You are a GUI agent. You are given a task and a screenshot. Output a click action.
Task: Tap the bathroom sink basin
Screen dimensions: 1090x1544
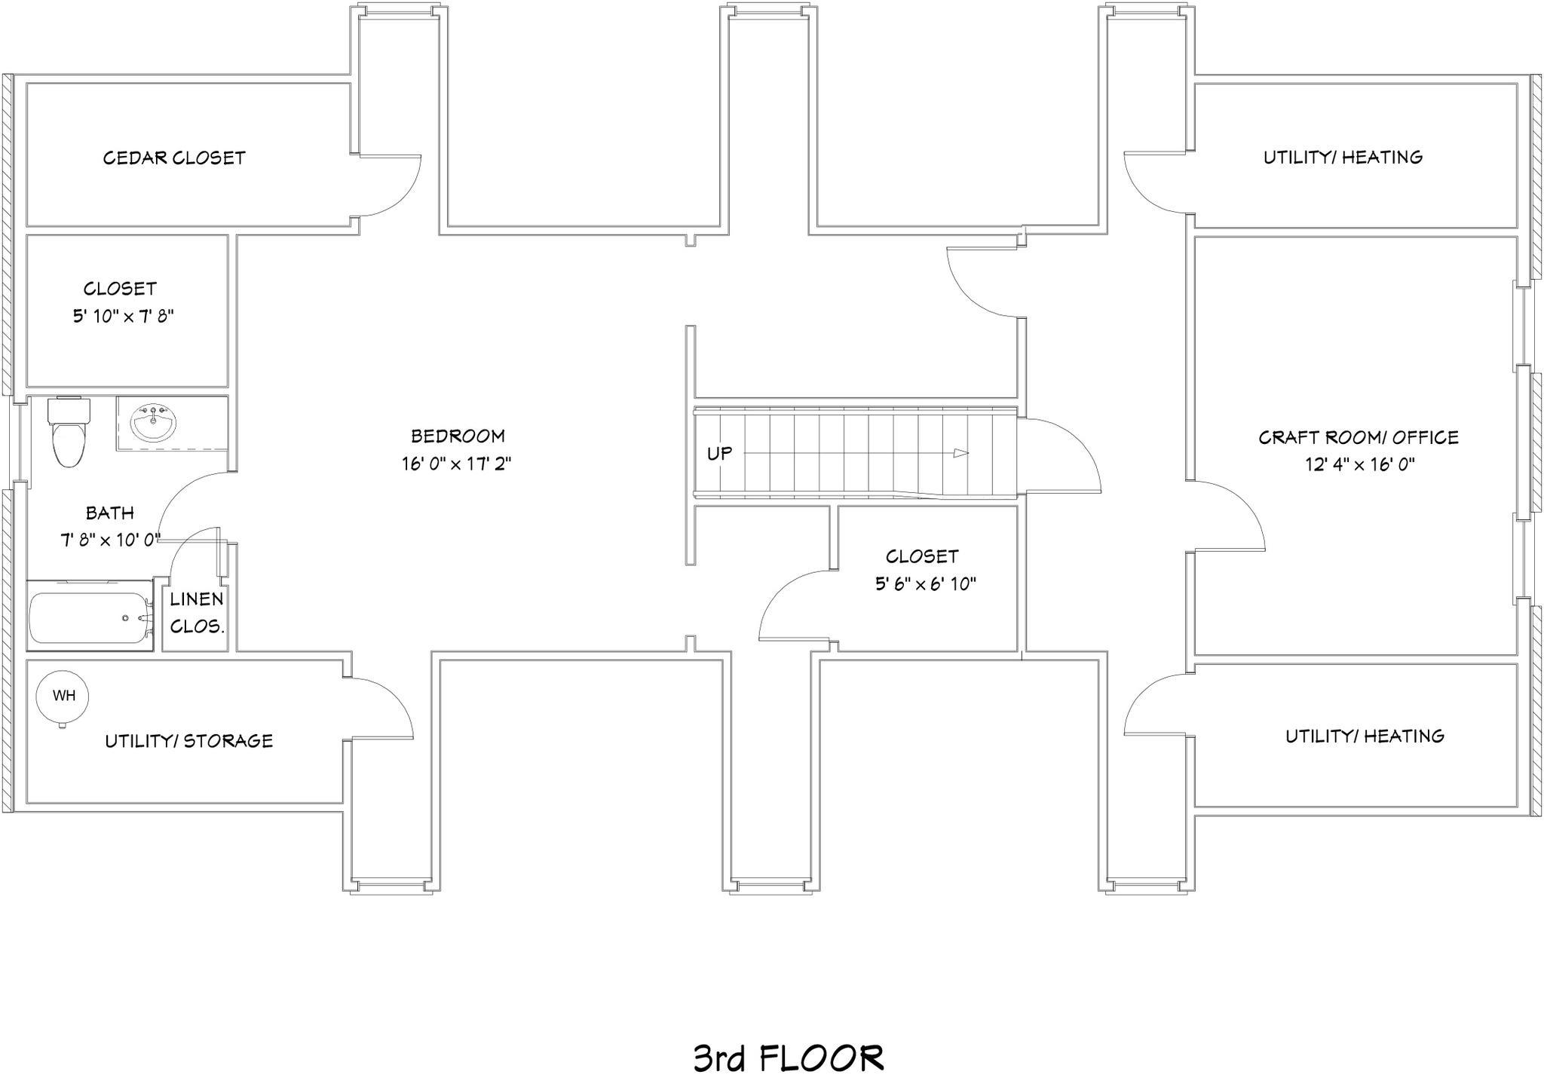[154, 424]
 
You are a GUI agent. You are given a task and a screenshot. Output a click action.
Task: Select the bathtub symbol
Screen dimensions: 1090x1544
[90, 617]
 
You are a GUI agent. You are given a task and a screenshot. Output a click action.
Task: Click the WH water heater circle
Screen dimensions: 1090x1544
[63, 696]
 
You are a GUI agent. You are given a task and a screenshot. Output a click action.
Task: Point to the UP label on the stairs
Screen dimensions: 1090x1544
[719, 454]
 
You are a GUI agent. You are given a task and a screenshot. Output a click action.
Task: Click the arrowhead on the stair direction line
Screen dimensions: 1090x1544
[960, 453]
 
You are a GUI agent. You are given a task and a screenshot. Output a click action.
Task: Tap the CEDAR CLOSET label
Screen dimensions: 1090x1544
[174, 158]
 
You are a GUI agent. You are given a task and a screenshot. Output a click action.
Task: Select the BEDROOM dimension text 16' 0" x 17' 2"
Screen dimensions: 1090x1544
[456, 464]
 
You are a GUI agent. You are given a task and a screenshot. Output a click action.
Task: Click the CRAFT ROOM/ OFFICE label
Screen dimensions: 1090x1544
[1359, 437]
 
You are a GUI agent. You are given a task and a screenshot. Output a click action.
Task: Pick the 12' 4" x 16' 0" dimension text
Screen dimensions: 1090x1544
[1359, 464]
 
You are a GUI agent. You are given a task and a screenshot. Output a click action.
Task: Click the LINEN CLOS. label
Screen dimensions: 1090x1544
[196, 612]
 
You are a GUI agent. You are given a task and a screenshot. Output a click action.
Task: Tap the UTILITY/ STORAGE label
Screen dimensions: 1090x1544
[188, 741]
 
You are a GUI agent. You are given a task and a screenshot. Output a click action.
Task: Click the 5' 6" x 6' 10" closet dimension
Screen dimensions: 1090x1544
[926, 583]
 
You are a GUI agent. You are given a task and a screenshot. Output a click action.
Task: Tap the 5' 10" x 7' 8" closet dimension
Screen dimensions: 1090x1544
[124, 316]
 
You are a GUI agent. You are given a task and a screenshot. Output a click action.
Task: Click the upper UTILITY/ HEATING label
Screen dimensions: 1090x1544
[1343, 158]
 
